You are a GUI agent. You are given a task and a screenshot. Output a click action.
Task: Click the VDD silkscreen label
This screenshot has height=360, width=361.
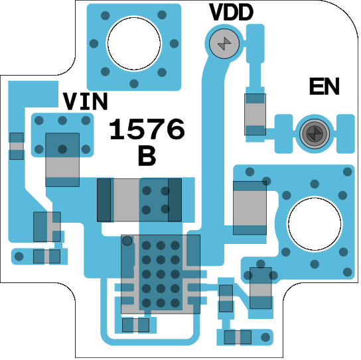click(231, 12)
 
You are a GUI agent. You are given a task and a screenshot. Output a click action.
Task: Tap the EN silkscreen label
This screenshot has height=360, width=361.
click(324, 86)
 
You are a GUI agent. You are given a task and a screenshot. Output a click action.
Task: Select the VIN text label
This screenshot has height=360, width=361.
click(86, 101)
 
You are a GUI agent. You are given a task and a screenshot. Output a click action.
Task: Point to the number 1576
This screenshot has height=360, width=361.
click(147, 129)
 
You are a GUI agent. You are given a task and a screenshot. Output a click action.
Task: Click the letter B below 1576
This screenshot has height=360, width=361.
click(147, 156)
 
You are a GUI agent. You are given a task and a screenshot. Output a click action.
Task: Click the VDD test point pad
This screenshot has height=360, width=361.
click(224, 43)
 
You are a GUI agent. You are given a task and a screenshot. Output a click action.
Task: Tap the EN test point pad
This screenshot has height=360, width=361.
click(315, 133)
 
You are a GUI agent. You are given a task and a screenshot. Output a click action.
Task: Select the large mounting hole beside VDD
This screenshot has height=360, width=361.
click(134, 44)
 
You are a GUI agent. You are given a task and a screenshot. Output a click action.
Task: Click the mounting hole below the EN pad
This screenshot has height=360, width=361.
click(315, 224)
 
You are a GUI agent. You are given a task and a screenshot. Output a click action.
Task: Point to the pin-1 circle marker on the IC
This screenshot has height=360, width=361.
click(127, 241)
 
